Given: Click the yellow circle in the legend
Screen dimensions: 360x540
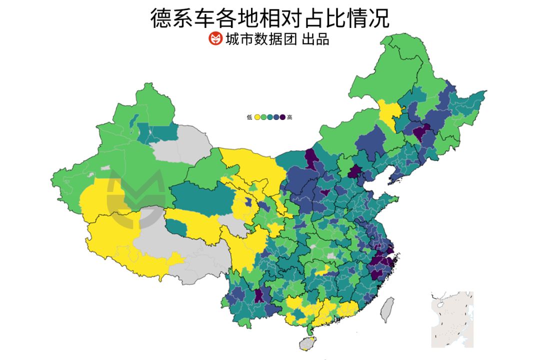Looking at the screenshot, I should (257, 117).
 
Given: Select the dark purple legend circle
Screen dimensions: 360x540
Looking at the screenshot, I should (282, 117).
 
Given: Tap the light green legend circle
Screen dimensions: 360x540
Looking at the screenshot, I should (263, 117).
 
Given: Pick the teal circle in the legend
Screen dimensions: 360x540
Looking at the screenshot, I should (270, 117).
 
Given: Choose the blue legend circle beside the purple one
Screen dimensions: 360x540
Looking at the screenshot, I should (276, 117).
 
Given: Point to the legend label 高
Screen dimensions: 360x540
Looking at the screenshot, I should (290, 117).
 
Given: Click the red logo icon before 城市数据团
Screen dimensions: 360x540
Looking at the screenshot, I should (215, 38).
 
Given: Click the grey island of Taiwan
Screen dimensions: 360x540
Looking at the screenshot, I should (388, 308).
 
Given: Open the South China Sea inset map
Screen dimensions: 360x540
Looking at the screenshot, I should (452, 319).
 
